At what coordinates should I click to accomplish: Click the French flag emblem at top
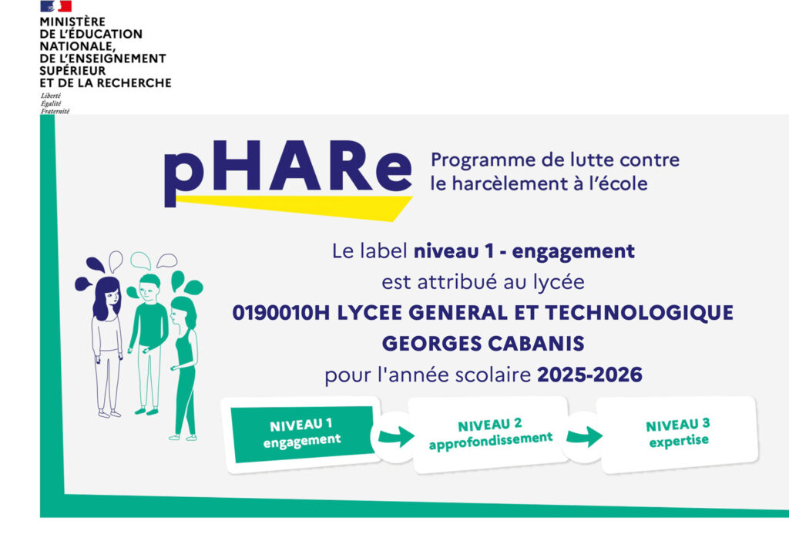[x=55, y=6]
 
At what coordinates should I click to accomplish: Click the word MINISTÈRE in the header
[x=72, y=22]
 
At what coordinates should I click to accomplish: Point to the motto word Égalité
[x=51, y=103]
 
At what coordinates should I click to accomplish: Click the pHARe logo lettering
[x=288, y=171]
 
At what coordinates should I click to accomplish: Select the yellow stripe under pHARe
[x=294, y=207]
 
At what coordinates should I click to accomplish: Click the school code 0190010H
[x=280, y=312]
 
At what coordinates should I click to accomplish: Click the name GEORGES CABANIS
[x=483, y=344]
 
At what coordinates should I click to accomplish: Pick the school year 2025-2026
[x=589, y=375]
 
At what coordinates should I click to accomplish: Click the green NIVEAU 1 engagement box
[x=303, y=433]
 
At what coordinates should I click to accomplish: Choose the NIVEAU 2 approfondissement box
[x=489, y=434]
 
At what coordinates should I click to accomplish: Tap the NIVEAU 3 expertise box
[x=678, y=434]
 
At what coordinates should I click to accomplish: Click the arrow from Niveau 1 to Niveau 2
[x=397, y=436]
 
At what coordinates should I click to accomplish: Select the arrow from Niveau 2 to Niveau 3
[x=584, y=436]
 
